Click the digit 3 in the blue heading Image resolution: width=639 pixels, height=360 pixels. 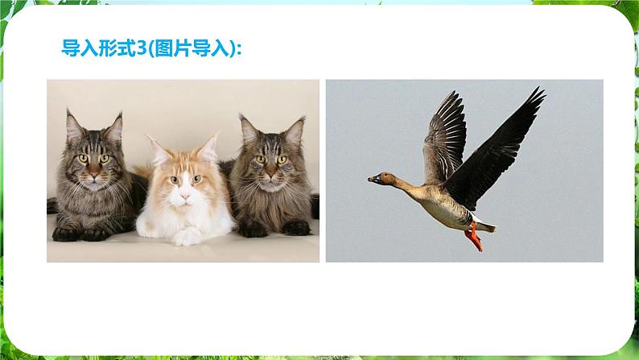tap(142, 48)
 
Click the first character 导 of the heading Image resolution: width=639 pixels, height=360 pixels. tap(71, 48)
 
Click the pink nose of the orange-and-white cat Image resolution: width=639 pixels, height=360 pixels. tap(185, 197)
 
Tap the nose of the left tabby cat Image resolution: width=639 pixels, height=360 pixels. tap(94, 174)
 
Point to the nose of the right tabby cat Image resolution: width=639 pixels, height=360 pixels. tap(270, 175)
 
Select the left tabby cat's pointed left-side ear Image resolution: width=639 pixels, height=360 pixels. tap(73, 125)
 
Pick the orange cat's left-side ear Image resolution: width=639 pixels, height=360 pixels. tap(158, 150)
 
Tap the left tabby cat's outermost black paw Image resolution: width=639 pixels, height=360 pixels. tap(65, 234)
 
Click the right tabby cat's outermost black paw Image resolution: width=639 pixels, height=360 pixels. tap(297, 228)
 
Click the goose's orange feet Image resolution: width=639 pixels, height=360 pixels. tap(474, 238)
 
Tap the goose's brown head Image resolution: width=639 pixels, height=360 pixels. tap(387, 178)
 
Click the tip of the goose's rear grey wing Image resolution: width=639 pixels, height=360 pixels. tap(456, 93)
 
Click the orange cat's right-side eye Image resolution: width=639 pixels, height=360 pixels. tap(197, 179)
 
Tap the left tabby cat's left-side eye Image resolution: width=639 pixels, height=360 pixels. tap(83, 158)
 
